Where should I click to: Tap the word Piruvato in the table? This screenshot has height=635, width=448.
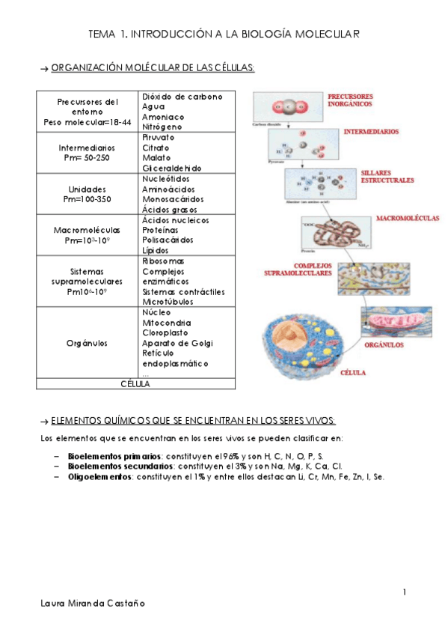pyautogui.click(x=158, y=138)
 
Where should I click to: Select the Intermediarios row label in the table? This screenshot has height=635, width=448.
pyautogui.click(x=87, y=148)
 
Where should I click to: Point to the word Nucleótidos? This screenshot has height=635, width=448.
pyautogui.click(x=165, y=180)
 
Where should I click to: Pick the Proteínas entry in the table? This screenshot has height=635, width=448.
pyautogui.click(x=161, y=231)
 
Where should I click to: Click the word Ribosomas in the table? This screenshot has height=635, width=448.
pyautogui.click(x=163, y=261)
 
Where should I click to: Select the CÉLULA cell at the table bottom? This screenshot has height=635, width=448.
pyautogui.click(x=135, y=384)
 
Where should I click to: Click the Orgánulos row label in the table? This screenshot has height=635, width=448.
pyautogui.click(x=87, y=343)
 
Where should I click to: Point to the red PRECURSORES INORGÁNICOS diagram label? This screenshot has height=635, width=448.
pyautogui.click(x=353, y=101)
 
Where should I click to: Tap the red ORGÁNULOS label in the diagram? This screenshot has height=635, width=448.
pyautogui.click(x=384, y=345)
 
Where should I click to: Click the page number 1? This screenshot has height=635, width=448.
pyautogui.click(x=405, y=593)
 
